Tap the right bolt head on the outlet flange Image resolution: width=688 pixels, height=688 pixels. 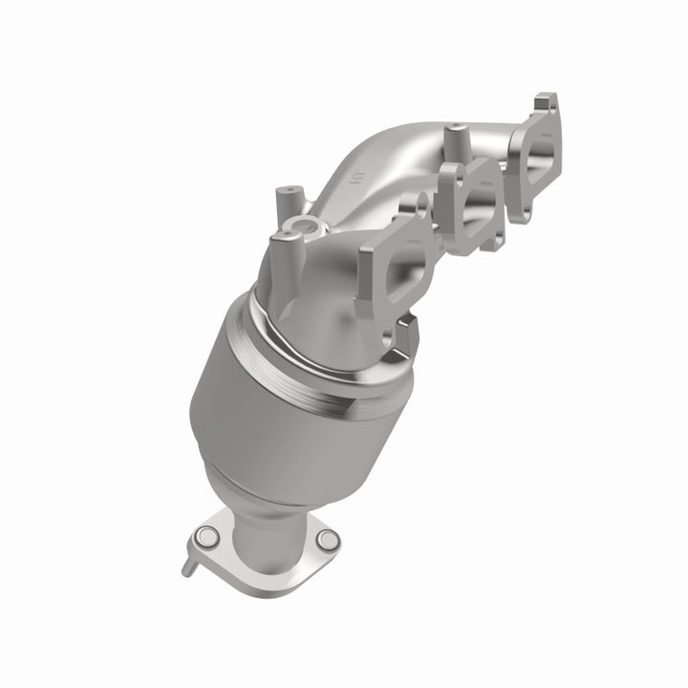point(327,541)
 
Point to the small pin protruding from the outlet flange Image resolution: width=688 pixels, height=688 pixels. point(186,566)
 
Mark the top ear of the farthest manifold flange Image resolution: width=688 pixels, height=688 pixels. point(546,100)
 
